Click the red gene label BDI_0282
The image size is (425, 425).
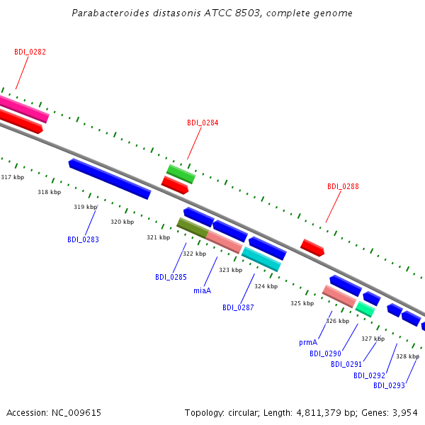pos(30,52)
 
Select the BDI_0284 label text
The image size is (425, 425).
pos(203,123)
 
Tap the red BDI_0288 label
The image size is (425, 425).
pos(343,186)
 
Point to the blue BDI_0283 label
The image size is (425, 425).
pos(83,239)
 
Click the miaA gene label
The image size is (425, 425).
pos(202,290)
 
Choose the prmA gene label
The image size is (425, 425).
pos(308,343)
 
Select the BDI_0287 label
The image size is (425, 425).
pos(238,307)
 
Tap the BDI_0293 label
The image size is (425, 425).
pos(389,385)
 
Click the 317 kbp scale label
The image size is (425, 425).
pos(13,177)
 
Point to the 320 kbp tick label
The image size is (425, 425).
pos(123,222)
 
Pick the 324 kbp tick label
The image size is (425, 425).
pos(266,286)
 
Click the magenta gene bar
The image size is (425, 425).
pos(24,109)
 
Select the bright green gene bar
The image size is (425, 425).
pos(181,174)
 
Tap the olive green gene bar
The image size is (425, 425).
pos(193,228)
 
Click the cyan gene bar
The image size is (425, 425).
pos(261,259)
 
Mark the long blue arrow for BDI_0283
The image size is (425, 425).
pos(110,179)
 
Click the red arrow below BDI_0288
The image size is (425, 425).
pos(312,248)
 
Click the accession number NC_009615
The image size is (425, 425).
pos(76,413)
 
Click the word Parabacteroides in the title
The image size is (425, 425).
pos(110,13)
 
